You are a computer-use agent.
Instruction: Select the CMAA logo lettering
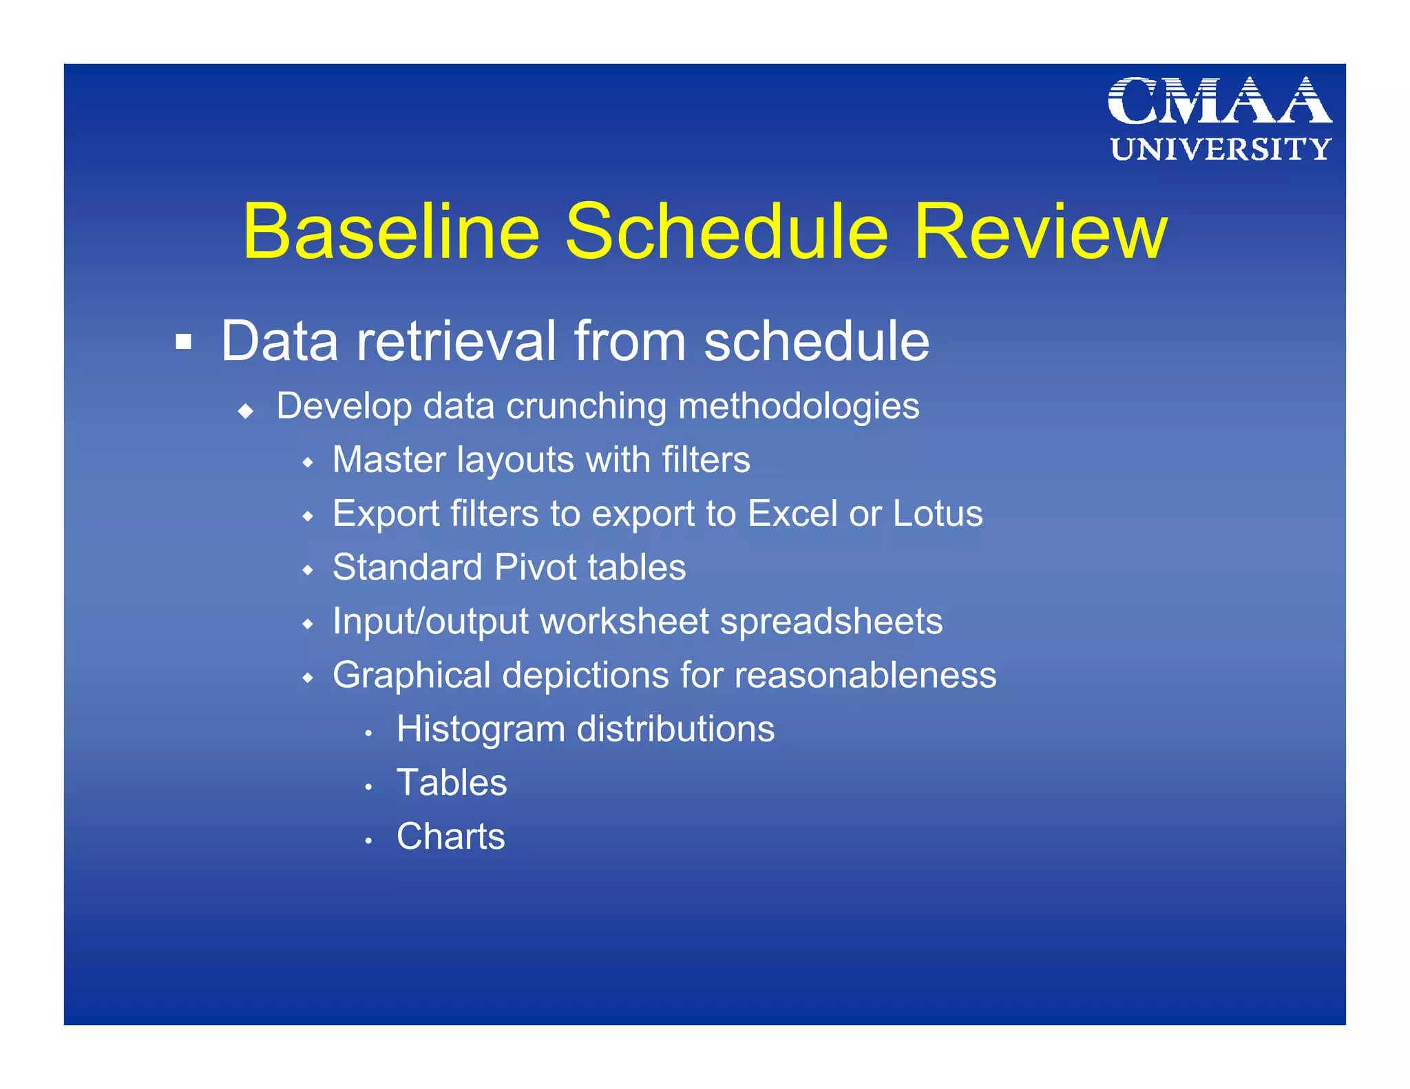[1219, 101]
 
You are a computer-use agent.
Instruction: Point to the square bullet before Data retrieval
[183, 341]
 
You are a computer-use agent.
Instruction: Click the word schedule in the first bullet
[816, 341]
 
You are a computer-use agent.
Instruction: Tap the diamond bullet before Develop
[246, 412]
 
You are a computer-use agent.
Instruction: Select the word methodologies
[799, 406]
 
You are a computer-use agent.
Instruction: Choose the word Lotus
[938, 514]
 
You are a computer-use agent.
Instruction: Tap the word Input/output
[430, 622]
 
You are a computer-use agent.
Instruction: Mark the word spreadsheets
[831, 622]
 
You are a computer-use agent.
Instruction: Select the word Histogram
[480, 729]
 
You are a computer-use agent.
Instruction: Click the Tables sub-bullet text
[452, 783]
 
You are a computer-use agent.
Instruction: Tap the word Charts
[450, 836]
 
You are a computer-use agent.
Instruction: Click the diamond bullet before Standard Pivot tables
[308, 571]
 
